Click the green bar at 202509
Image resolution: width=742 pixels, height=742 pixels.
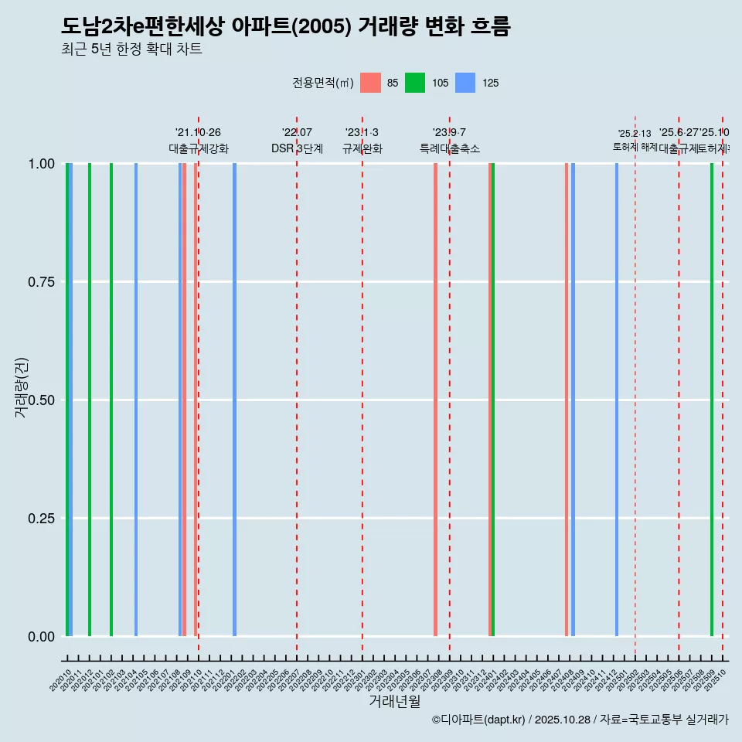pos(712,400)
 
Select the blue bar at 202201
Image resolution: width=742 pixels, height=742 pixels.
pos(234,400)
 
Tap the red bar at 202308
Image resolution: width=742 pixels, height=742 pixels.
pos(436,400)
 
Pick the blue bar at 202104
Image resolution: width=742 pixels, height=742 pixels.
pos(136,400)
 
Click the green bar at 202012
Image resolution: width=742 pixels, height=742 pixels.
pos(90,400)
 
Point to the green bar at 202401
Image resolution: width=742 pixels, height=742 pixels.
pos(493,400)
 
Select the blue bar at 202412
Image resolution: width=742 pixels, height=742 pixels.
pos(617,400)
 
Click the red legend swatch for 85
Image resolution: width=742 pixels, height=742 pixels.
pos(371,83)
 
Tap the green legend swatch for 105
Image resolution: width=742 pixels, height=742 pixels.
pos(415,83)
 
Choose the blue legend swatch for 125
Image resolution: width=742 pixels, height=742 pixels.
pos(465,83)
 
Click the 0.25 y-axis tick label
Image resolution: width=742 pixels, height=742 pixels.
pos(42,519)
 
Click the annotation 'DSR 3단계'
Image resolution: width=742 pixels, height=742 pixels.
pos(297,148)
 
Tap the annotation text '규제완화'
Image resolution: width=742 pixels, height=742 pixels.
pos(362,148)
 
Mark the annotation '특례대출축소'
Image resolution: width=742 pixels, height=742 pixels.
pos(450,148)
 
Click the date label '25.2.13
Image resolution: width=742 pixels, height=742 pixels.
pos(635,134)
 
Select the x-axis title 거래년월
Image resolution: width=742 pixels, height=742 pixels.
pos(395,701)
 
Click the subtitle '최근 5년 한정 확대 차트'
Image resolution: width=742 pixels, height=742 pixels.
pos(131,49)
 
